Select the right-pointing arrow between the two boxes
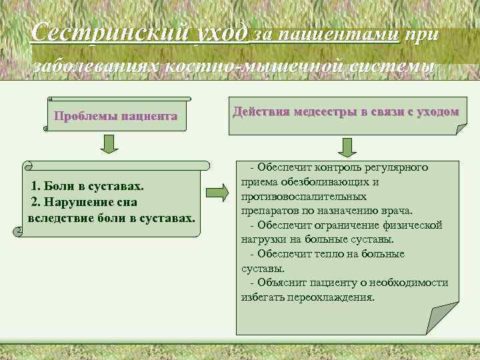click(x=217, y=193)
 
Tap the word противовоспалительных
click(x=303, y=197)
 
